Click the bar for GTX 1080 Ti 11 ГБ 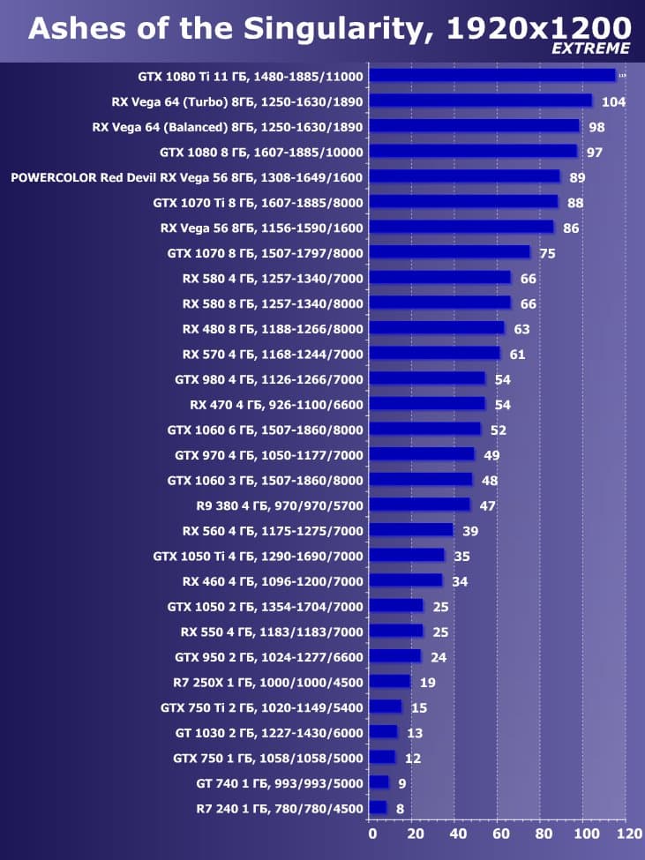(492, 75)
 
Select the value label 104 (613, 101)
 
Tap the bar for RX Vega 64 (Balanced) (474, 126)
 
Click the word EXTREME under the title (591, 49)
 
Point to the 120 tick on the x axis (628, 833)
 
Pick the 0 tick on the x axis (371, 833)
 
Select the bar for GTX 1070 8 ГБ (449, 252)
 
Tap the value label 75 (547, 253)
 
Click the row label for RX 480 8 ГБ (272, 328)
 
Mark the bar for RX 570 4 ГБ (434, 354)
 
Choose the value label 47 (487, 506)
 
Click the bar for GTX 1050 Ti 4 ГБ (407, 556)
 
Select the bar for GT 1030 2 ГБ (383, 732)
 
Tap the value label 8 (400, 809)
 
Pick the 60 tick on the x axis (499, 833)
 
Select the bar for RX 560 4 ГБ (410, 530)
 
